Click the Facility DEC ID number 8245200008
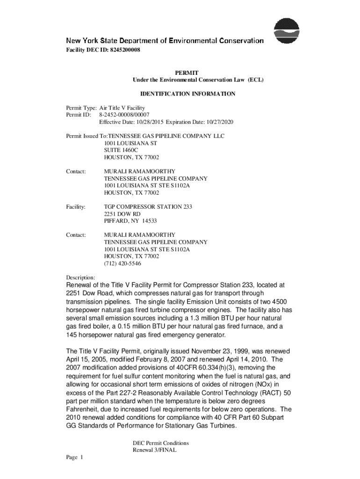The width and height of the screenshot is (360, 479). click(x=123, y=50)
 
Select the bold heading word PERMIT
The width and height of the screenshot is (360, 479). click(x=187, y=73)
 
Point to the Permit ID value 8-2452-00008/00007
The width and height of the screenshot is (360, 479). click(x=124, y=115)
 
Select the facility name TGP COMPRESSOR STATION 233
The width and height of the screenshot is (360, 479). click(x=148, y=206)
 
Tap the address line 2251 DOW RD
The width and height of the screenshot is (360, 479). click(x=122, y=214)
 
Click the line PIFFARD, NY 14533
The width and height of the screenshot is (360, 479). click(x=130, y=221)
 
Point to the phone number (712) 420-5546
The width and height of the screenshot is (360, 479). click(x=122, y=263)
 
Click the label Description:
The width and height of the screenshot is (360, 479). click(x=80, y=277)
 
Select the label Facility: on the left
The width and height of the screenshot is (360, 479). click(x=75, y=206)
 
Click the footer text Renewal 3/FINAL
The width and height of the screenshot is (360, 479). click(x=154, y=450)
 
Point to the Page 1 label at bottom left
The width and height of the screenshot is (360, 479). click(x=74, y=457)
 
